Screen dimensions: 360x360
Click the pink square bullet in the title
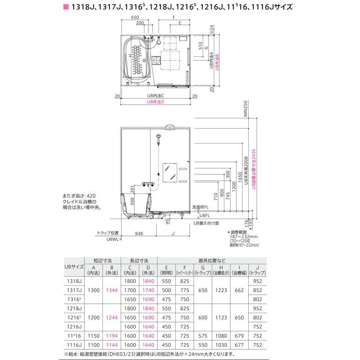point(66,8)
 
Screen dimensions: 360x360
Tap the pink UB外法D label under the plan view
point(155,102)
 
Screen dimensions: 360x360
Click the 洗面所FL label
point(203,206)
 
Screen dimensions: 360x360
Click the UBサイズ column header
point(74,267)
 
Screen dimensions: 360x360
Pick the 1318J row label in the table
point(74,281)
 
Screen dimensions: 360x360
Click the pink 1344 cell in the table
point(112,290)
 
